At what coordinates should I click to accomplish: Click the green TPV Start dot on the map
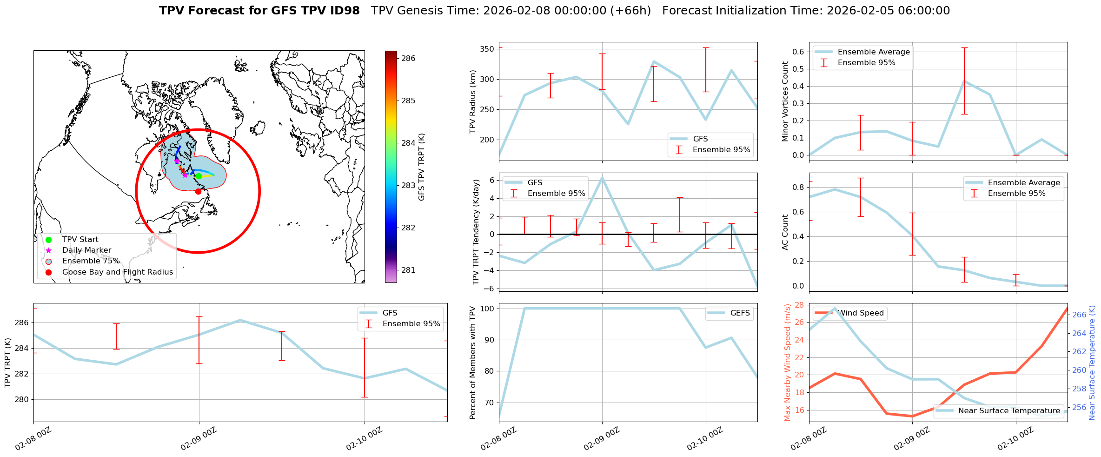click(199, 176)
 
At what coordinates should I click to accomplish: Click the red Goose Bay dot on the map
click(198, 191)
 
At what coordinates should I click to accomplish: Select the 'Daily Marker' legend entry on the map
click(86, 250)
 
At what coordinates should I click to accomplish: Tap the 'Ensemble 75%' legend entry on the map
click(91, 261)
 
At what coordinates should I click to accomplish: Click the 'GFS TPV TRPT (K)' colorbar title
click(422, 167)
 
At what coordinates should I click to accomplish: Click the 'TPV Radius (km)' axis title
click(473, 101)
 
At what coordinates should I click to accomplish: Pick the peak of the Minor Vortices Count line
click(964, 81)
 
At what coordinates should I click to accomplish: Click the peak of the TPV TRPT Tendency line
click(602, 177)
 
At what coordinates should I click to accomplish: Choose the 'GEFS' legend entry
click(740, 313)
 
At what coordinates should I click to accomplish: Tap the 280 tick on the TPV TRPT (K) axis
click(22, 399)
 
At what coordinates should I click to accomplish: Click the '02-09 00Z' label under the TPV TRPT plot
click(199, 439)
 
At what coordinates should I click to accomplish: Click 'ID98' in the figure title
click(344, 11)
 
